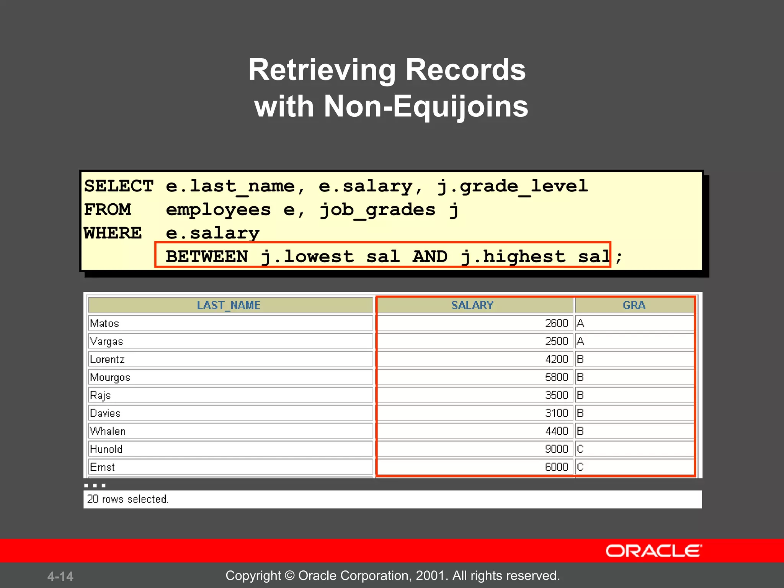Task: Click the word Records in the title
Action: (x=465, y=70)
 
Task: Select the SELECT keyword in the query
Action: (x=119, y=186)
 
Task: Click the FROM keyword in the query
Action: (x=108, y=210)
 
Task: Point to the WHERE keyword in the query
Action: (x=113, y=233)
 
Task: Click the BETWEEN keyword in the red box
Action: (x=207, y=256)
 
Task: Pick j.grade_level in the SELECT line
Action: (x=512, y=186)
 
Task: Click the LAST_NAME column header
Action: (x=229, y=305)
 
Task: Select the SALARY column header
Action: (x=472, y=305)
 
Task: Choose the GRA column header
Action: (x=634, y=305)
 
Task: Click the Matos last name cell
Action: (x=105, y=323)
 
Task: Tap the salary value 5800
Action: (x=556, y=377)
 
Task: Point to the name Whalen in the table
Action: (x=108, y=431)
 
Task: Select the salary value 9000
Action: (x=556, y=449)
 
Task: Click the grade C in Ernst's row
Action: (x=580, y=467)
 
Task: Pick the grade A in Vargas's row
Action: (x=580, y=341)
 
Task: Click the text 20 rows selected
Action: (x=128, y=499)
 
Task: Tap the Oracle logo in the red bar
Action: (x=653, y=551)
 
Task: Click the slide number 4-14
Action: (x=60, y=576)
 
